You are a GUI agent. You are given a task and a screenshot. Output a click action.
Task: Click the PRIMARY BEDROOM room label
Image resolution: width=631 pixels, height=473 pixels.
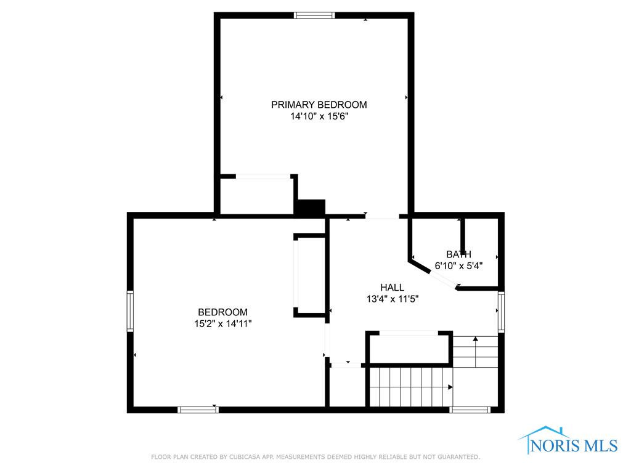pyautogui.click(x=319, y=105)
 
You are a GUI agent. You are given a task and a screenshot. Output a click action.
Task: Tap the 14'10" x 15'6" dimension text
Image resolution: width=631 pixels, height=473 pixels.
pyautogui.click(x=319, y=116)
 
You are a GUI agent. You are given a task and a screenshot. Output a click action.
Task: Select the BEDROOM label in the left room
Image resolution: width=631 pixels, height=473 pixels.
pyautogui.click(x=222, y=312)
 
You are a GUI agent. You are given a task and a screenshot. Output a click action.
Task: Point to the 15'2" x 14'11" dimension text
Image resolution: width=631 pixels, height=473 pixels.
pyautogui.click(x=222, y=323)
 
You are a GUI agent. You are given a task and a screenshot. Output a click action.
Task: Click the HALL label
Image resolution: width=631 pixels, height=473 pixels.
pyautogui.click(x=393, y=287)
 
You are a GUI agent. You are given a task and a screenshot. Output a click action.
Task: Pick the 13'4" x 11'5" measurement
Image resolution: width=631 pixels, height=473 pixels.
pyautogui.click(x=393, y=299)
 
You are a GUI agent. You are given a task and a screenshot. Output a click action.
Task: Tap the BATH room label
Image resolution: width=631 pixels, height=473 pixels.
pyautogui.click(x=458, y=254)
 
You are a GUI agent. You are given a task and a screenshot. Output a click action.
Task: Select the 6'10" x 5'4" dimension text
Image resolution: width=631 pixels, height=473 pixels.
pyautogui.click(x=458, y=265)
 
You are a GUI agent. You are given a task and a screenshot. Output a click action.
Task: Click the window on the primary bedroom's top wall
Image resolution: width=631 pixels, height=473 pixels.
pyautogui.click(x=314, y=15)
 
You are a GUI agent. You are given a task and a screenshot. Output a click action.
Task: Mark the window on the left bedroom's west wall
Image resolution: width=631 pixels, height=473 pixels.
pyautogui.click(x=130, y=311)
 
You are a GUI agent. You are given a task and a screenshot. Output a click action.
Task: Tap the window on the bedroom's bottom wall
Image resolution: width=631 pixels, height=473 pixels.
pyautogui.click(x=198, y=410)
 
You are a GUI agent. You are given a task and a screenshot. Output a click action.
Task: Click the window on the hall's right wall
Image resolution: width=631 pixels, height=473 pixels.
pyautogui.click(x=501, y=312)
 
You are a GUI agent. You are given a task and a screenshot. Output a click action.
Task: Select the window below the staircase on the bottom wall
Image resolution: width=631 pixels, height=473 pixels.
pyautogui.click(x=470, y=410)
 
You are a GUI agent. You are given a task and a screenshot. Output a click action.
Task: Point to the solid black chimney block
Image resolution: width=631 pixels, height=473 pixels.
pyautogui.click(x=311, y=207)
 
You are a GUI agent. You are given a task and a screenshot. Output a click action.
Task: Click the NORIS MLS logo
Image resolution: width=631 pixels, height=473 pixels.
pyautogui.click(x=568, y=440)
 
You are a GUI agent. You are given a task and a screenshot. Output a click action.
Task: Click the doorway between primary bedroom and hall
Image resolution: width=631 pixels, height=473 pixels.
pyautogui.click(x=382, y=216)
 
